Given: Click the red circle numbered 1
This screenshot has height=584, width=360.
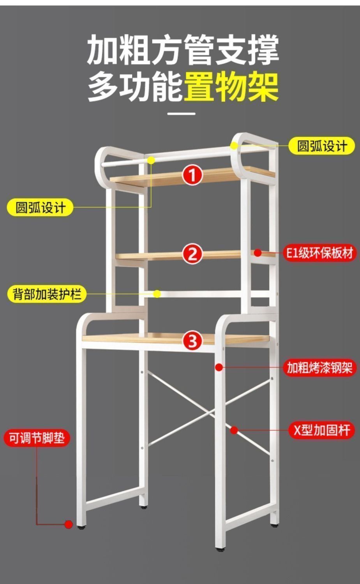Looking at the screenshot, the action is (193, 175).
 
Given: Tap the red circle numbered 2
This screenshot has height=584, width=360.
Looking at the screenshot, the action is (192, 254).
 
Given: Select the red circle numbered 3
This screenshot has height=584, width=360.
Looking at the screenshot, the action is (193, 341).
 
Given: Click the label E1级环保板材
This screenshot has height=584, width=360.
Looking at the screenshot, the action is (320, 253).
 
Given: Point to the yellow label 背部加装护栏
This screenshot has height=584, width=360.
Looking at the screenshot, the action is (47, 294).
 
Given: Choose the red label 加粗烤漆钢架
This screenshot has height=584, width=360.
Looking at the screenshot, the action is (319, 367).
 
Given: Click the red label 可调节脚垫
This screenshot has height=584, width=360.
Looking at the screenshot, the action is (37, 438).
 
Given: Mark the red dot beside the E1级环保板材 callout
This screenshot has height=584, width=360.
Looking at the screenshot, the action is (258, 253).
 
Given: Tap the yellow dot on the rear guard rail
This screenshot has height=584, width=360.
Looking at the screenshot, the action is (157, 294).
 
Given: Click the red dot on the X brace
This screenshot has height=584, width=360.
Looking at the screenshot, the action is (234, 430).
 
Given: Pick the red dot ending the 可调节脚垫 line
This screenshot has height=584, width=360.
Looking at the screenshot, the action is (69, 524).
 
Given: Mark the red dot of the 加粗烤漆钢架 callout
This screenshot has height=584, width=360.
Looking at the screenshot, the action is (219, 367).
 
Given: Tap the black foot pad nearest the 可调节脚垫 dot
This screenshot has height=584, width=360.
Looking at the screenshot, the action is (81, 528).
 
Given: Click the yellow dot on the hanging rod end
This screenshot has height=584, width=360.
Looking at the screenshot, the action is (151, 160).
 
